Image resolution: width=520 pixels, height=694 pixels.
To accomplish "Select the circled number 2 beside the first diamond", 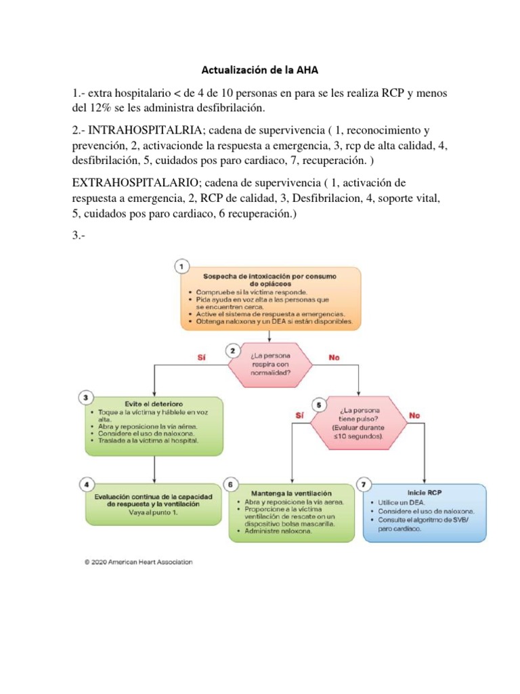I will [233, 351].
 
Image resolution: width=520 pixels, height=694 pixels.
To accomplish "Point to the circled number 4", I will [85, 484].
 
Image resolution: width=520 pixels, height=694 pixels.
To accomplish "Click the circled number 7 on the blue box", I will [365, 485].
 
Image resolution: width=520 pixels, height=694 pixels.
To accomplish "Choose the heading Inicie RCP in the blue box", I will [425, 493].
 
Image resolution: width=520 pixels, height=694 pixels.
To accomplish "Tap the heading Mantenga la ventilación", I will [292, 493].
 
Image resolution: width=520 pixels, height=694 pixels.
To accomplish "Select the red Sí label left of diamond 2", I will [200, 358].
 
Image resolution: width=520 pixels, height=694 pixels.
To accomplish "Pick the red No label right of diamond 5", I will [414, 414].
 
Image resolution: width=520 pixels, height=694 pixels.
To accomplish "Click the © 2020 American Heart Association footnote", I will [138, 562].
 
